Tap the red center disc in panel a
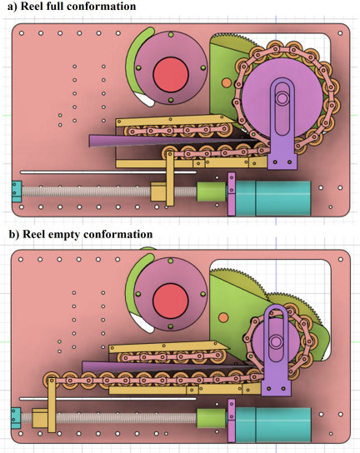point(171,74)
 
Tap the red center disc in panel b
point(170,301)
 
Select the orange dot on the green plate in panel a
point(227,83)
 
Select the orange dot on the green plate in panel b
point(223,317)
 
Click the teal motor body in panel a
point(274,198)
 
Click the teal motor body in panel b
point(274,425)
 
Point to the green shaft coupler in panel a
point(212,192)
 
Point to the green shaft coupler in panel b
point(212,418)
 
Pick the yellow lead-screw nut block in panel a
point(157,192)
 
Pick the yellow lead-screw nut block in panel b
point(40,418)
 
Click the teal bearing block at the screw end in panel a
point(17,192)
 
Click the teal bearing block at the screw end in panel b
point(16,418)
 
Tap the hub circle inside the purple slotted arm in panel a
point(282,98)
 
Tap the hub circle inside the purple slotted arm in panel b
point(276,341)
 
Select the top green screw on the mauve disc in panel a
point(171,35)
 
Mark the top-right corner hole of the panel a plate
point(340,33)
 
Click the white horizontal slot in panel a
point(108,172)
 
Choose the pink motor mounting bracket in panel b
point(232,421)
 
